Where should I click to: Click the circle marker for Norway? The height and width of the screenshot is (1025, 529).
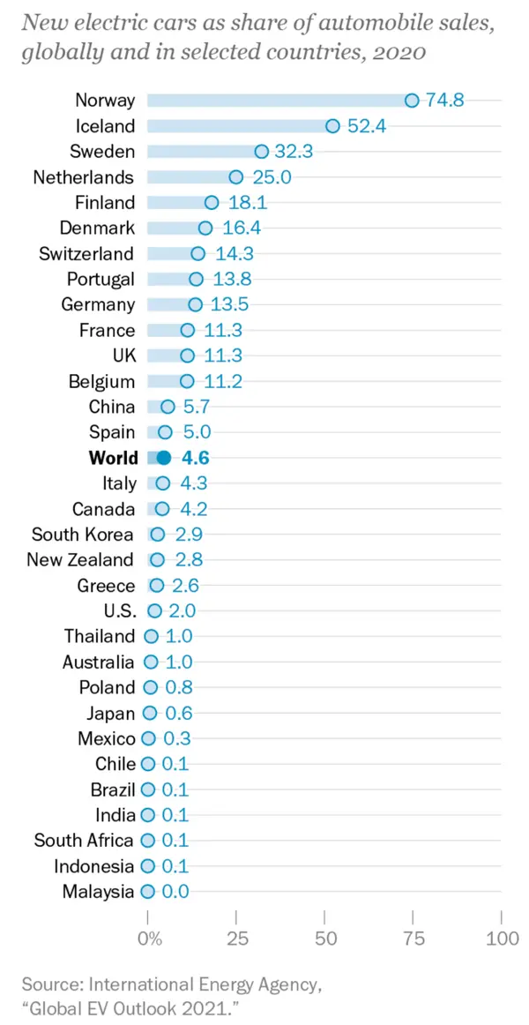(412, 100)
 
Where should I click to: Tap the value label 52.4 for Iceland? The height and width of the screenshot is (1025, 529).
(367, 125)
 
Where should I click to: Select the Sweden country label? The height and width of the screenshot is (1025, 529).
(102, 151)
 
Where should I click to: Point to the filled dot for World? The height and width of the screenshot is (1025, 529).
(163, 458)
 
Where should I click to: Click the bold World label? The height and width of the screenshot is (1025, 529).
(114, 458)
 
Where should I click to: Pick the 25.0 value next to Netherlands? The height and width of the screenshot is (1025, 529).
(272, 176)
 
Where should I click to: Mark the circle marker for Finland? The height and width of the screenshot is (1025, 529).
(212, 202)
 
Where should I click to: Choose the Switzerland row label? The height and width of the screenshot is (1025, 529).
(86, 253)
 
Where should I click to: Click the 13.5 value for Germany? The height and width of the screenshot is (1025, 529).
(229, 304)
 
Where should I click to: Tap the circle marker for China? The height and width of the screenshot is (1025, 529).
(168, 407)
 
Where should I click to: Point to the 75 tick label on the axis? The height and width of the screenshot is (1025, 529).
(413, 939)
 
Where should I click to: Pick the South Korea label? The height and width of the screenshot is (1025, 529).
(83, 535)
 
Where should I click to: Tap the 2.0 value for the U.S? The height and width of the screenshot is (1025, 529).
(181, 610)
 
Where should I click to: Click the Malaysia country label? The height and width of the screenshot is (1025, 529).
(99, 892)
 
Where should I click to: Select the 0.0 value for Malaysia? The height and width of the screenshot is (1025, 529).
(175, 892)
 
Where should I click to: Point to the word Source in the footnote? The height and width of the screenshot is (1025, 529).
(49, 983)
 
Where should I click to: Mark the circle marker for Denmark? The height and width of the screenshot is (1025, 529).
(205, 228)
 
